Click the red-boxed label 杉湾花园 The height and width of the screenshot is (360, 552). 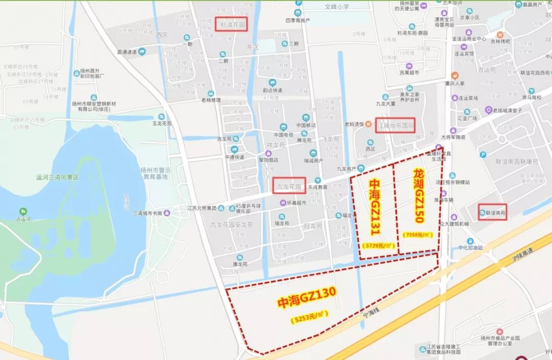coord(231,24)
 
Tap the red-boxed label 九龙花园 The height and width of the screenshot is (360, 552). coord(289,185)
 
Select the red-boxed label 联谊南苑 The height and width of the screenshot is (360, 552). coord(492,212)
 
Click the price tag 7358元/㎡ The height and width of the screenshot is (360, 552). coord(418,235)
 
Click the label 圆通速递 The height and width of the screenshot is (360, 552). coord(127,52)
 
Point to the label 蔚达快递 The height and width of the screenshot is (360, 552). coord(272,90)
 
